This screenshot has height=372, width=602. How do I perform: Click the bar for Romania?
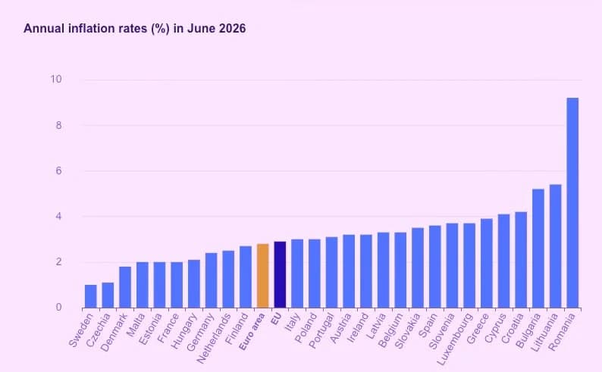(572, 203)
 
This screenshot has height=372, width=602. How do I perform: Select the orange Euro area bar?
(262, 276)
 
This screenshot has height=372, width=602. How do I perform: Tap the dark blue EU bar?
(280, 274)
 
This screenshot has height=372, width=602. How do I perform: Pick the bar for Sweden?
(91, 296)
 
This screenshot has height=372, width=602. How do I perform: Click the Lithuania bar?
(555, 246)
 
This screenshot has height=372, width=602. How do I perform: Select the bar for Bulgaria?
(538, 249)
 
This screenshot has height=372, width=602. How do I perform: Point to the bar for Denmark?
(125, 287)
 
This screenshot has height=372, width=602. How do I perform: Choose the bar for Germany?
(212, 280)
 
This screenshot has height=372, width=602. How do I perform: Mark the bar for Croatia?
(521, 260)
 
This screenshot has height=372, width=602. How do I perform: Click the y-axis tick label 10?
(55, 80)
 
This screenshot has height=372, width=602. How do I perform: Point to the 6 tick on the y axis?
(58, 170)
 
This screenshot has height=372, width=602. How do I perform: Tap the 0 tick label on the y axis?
(58, 307)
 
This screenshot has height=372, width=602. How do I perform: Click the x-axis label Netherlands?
(214, 337)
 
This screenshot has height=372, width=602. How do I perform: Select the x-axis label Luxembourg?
(455, 339)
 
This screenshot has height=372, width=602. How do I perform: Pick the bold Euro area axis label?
(252, 332)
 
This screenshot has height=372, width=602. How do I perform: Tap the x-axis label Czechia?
(99, 330)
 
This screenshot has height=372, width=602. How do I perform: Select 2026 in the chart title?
(232, 28)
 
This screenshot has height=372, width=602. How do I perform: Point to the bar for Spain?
(435, 267)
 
